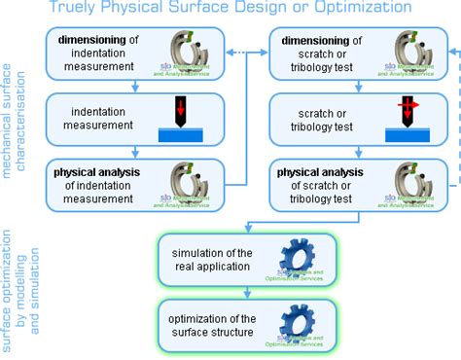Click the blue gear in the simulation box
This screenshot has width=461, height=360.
point(296,257)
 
